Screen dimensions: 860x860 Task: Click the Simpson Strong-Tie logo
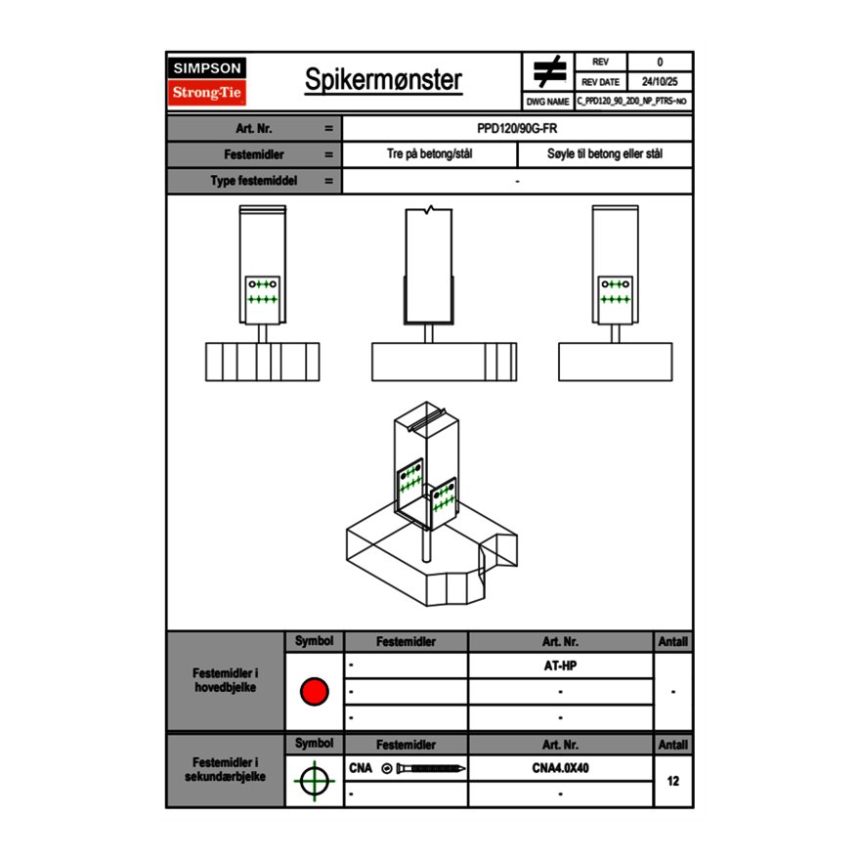pyautogui.click(x=208, y=81)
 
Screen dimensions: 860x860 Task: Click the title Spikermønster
pyautogui.click(x=383, y=80)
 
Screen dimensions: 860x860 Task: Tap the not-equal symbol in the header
pyautogui.click(x=549, y=71)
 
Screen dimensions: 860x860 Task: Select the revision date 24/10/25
pyautogui.click(x=660, y=82)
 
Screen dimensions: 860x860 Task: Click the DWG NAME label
pyautogui.click(x=547, y=102)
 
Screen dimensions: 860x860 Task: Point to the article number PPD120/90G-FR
pyautogui.click(x=518, y=128)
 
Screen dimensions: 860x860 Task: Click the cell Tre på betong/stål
pyautogui.click(x=430, y=154)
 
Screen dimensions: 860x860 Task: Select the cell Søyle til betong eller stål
pyautogui.click(x=605, y=154)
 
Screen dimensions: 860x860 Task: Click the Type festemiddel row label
pyautogui.click(x=254, y=181)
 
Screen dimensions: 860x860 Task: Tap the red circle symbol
pyautogui.click(x=314, y=692)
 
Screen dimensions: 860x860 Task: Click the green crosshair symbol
pyautogui.click(x=314, y=781)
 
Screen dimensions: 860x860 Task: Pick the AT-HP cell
pyautogui.click(x=560, y=666)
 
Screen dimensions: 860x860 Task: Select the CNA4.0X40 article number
pyautogui.click(x=560, y=768)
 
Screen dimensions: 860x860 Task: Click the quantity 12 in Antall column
pyautogui.click(x=672, y=781)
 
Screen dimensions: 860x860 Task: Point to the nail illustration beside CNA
pyautogui.click(x=426, y=769)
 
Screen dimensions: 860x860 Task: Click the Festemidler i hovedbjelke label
pyautogui.click(x=226, y=681)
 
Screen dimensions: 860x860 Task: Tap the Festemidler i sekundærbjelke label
pyautogui.click(x=226, y=769)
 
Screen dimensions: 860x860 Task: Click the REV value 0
pyautogui.click(x=660, y=62)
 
